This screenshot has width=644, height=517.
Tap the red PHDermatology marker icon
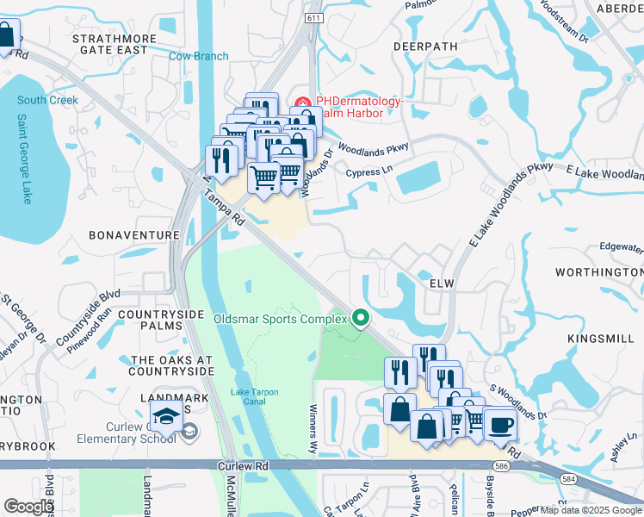[x=303, y=102]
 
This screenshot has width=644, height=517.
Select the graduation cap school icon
[x=164, y=419]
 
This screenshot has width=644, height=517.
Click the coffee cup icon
[x=499, y=425]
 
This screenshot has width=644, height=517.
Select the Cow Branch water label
[x=199, y=57]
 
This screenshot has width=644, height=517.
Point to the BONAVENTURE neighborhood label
[x=134, y=234]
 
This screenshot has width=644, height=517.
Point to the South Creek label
[x=47, y=101]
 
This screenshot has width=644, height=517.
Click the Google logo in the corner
[x=28, y=507]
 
